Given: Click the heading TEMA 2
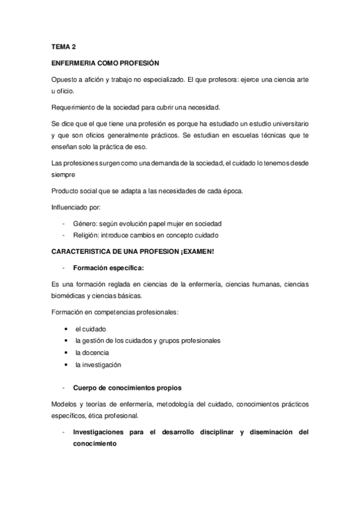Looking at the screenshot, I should point(63,46).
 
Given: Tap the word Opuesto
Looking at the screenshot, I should point(64,80).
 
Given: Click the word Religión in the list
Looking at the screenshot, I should point(87,235).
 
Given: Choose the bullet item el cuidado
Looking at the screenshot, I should point(91,330).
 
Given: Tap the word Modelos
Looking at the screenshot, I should point(65,404).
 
